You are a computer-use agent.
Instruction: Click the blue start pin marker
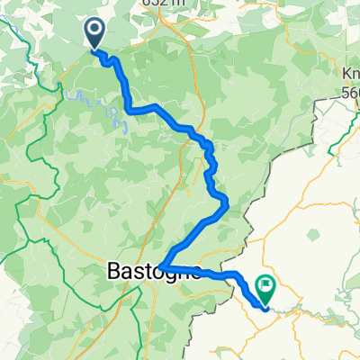point(94,33)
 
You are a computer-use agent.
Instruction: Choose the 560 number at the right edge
point(350,90)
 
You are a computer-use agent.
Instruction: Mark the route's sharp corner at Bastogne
point(159,265)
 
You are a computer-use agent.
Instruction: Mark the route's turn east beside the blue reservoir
point(131,110)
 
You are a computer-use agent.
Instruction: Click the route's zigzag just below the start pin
point(108,58)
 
